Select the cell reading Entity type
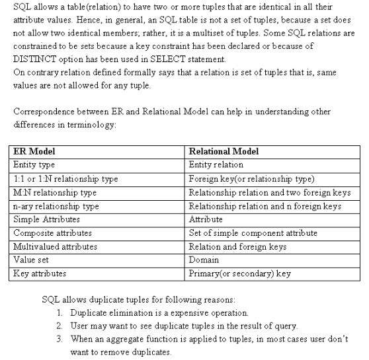click(34, 164)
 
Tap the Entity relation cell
click(216, 164)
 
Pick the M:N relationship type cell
click(55, 192)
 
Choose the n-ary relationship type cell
click(56, 206)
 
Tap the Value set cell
click(31, 260)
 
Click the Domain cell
click(204, 260)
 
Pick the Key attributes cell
click(40, 273)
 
